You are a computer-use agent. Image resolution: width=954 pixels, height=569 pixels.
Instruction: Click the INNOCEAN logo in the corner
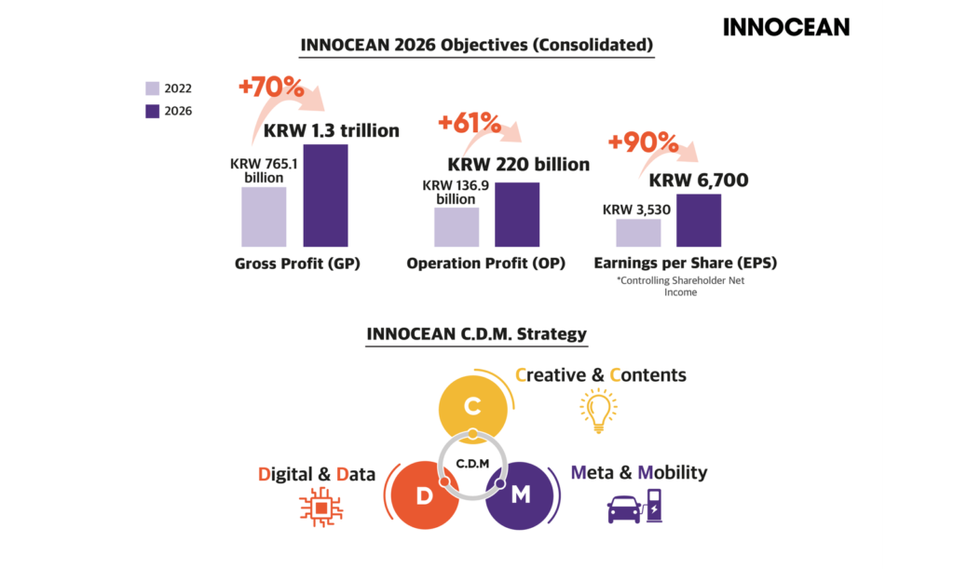(x=786, y=27)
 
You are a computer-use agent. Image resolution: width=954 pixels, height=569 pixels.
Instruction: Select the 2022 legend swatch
(x=153, y=88)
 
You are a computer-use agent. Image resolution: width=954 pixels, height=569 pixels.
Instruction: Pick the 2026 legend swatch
(x=153, y=111)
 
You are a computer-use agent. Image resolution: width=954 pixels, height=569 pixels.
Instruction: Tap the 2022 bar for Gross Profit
(x=264, y=217)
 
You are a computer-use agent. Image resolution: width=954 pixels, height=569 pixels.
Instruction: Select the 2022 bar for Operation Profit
(x=457, y=227)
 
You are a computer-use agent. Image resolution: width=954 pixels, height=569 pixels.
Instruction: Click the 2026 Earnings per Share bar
(x=699, y=220)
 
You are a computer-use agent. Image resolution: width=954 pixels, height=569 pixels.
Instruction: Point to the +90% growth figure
(x=643, y=142)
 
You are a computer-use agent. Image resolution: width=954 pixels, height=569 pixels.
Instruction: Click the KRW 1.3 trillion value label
(x=331, y=130)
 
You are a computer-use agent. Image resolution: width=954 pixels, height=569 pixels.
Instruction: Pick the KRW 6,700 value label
(x=699, y=181)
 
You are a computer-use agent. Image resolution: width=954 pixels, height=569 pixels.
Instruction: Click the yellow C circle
(x=472, y=406)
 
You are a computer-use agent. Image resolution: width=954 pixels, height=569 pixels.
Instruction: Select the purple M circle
(x=521, y=495)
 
